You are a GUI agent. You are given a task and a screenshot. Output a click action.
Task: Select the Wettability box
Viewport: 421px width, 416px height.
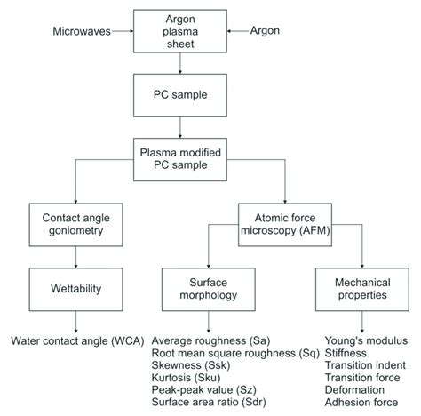[75, 288]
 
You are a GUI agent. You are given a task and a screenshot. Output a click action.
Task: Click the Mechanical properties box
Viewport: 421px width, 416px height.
[361, 288]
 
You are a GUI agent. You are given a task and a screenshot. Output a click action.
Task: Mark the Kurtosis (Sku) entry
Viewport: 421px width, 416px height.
[184, 378]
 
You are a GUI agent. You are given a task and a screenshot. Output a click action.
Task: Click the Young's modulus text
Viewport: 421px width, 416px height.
[367, 340]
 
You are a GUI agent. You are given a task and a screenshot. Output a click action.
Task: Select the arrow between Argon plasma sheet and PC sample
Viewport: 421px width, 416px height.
[180, 63]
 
